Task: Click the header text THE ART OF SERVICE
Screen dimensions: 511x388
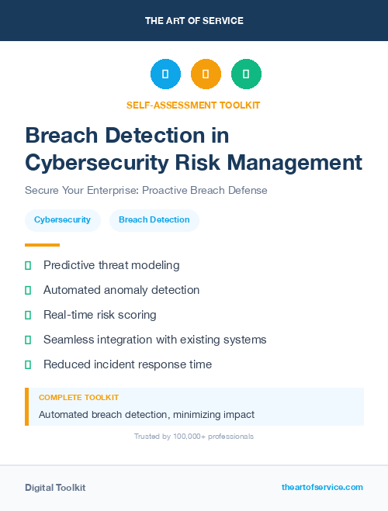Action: click(x=194, y=21)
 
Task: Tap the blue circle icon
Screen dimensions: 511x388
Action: click(x=165, y=74)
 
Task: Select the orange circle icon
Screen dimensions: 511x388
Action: click(x=206, y=74)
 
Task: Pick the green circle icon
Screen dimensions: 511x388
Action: click(x=246, y=74)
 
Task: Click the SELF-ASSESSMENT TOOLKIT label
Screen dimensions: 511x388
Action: click(x=193, y=105)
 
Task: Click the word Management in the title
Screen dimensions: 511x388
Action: click(x=303, y=163)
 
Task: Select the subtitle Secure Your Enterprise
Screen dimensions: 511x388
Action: click(x=146, y=190)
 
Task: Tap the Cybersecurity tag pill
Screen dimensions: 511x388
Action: click(x=62, y=220)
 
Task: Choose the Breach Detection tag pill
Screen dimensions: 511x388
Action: click(x=154, y=220)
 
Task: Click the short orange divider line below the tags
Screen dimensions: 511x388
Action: click(x=42, y=244)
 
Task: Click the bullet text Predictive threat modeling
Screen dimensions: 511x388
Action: click(x=111, y=265)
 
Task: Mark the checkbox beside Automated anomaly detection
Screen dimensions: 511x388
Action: click(x=28, y=290)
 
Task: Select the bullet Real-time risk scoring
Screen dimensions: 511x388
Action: click(x=99, y=315)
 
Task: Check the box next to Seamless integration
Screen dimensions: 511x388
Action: click(x=28, y=340)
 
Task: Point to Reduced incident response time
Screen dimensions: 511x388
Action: click(x=127, y=364)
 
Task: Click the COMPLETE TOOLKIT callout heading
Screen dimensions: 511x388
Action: click(x=78, y=397)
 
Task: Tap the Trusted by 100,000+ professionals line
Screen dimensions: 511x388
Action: click(x=193, y=437)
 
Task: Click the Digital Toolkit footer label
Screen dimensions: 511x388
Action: click(x=55, y=488)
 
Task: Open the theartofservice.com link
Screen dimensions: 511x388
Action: click(x=322, y=487)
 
